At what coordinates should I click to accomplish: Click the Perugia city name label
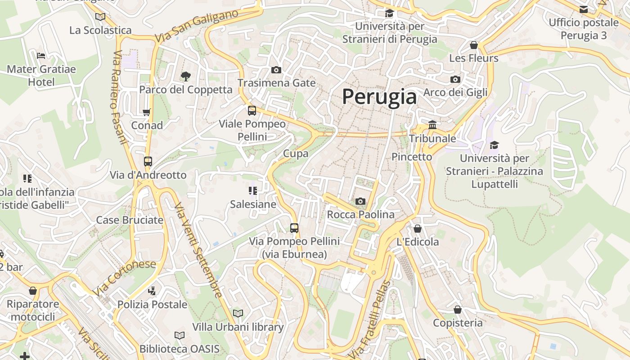click(x=379, y=97)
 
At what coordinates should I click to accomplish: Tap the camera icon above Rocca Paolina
click(x=360, y=201)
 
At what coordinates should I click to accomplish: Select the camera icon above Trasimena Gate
click(x=276, y=70)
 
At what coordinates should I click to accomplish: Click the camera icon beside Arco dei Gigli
click(x=455, y=79)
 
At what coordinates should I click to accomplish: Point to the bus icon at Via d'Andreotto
click(x=148, y=162)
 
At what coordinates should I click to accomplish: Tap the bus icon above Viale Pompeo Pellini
click(x=252, y=110)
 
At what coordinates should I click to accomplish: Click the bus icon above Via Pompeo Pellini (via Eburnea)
click(x=294, y=228)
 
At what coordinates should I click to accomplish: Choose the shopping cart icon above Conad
click(x=147, y=112)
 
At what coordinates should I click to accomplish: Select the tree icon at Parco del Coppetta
click(x=185, y=76)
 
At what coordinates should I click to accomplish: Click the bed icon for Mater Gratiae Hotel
click(x=41, y=56)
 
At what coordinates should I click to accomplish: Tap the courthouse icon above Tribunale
click(x=432, y=125)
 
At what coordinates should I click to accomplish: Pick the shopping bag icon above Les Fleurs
click(x=473, y=45)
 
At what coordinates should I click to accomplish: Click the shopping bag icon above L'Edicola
click(x=418, y=229)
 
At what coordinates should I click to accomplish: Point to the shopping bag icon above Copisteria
click(x=458, y=310)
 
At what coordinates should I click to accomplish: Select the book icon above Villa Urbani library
click(x=238, y=313)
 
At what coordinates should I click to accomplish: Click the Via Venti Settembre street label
click(x=198, y=250)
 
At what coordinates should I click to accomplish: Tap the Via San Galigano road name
click(x=196, y=27)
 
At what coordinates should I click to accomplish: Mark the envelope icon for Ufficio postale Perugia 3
click(x=584, y=9)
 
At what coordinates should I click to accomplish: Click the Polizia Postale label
click(x=153, y=305)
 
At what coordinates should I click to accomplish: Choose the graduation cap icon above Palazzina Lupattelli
click(x=494, y=145)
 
